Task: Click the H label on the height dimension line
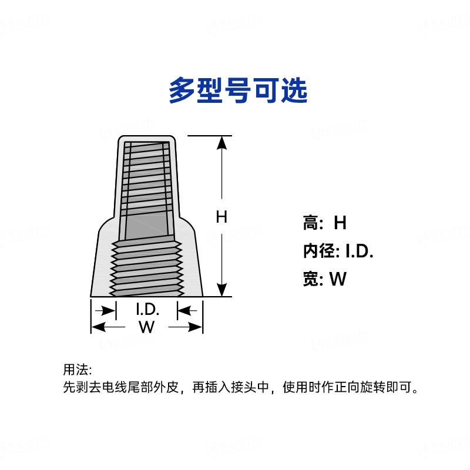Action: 221,217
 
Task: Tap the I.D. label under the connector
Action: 147,310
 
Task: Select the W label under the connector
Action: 146,327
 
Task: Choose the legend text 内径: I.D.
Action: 338,251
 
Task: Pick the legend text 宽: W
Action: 325,279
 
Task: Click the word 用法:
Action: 78,370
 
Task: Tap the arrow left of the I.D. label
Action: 107,310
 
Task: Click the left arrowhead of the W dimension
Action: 98,327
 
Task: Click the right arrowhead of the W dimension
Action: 196,327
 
